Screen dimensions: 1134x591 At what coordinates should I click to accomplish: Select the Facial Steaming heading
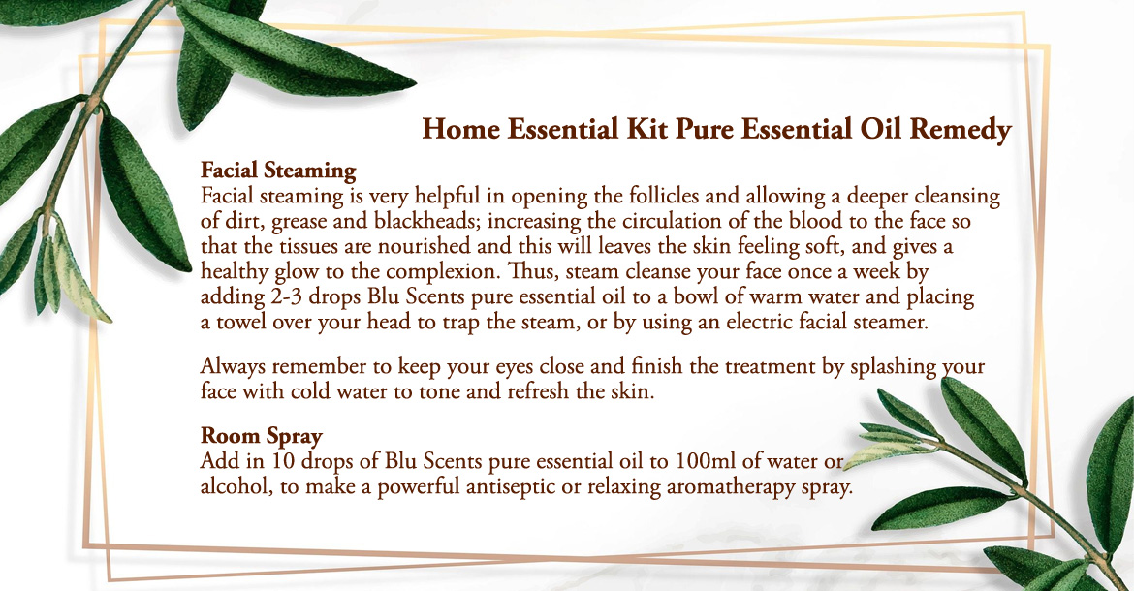pos(278,171)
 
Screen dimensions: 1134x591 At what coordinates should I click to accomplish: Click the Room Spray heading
pos(261,436)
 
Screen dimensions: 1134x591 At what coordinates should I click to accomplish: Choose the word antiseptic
pos(511,487)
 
